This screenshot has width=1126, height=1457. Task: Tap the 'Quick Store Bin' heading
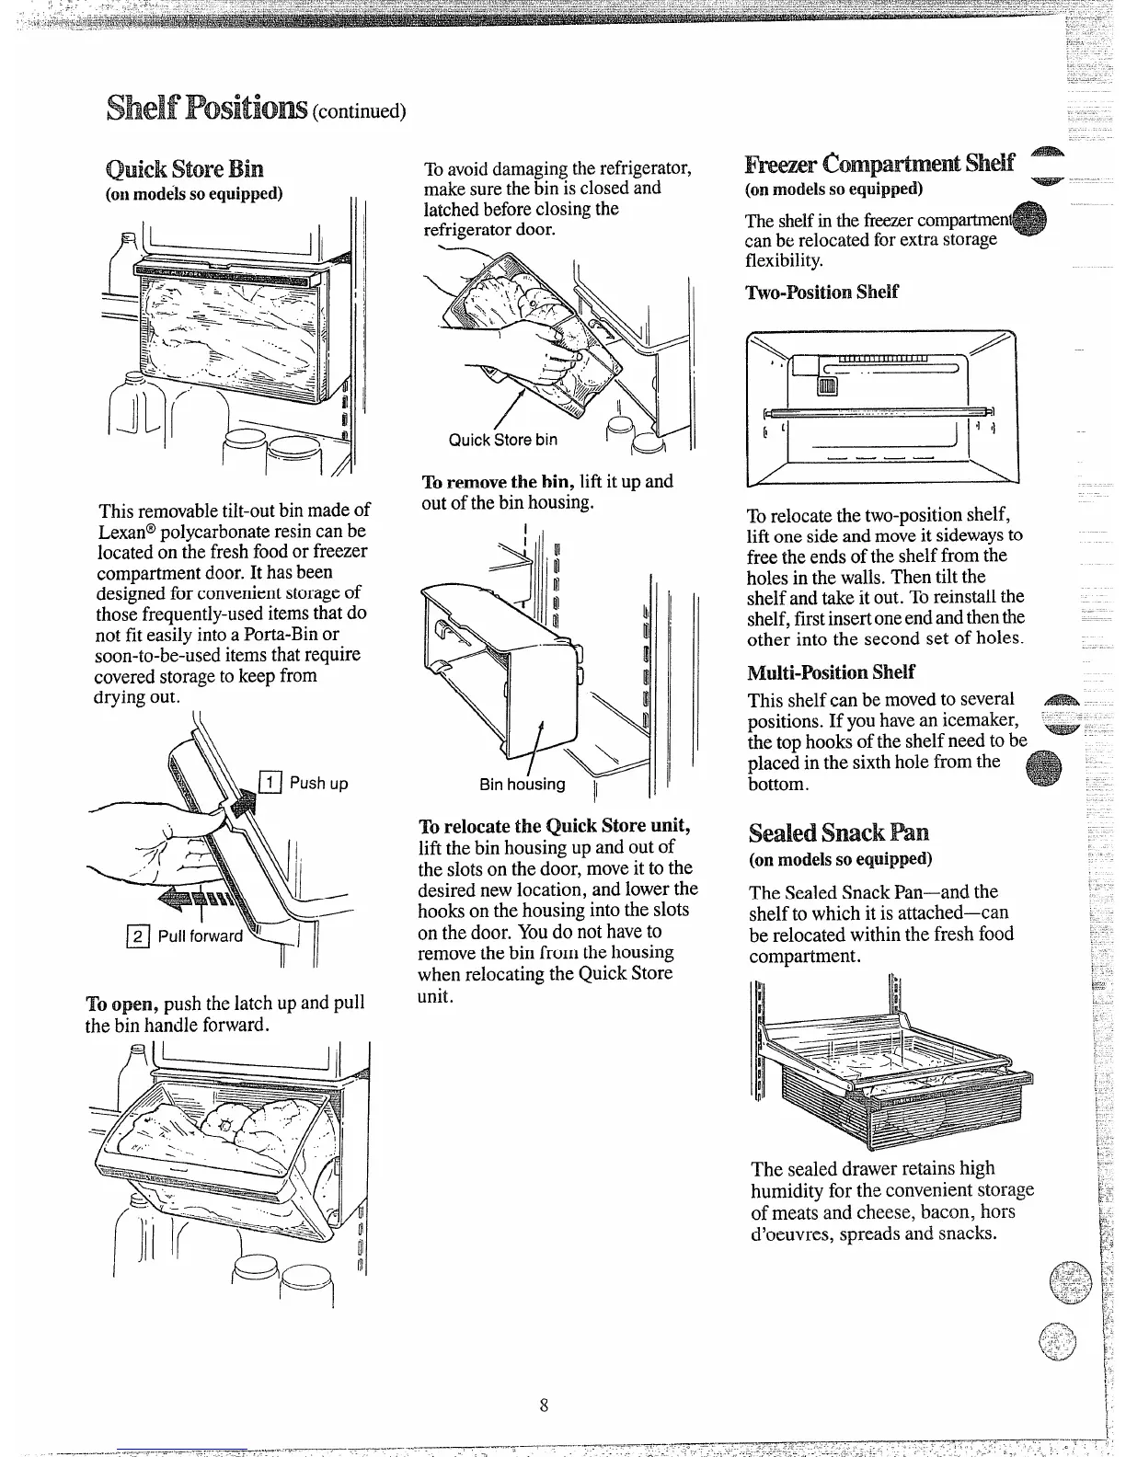185,169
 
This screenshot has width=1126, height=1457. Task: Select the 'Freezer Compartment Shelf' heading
879,165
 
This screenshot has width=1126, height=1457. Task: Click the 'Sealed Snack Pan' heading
838,832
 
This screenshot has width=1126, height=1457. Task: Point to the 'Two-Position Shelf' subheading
822,293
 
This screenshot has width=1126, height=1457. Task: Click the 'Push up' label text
318,784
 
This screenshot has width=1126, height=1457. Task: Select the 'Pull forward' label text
201,936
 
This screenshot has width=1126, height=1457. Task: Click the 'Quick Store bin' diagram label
502,440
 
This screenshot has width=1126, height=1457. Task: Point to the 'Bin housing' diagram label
522,785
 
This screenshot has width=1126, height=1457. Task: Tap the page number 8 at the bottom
545,1405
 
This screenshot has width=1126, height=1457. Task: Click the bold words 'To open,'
117,1003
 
